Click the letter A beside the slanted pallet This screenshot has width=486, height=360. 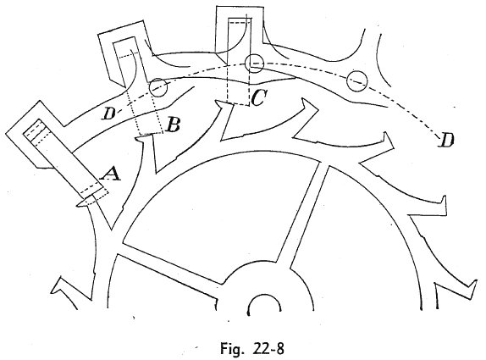point(110,174)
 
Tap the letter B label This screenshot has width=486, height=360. point(173,125)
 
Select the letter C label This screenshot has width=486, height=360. point(258,97)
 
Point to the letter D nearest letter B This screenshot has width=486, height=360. point(108,114)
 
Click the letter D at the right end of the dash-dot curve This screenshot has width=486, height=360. point(447,139)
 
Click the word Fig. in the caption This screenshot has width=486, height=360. point(230,348)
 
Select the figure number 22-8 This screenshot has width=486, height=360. point(268,348)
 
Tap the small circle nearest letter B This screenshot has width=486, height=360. point(158,87)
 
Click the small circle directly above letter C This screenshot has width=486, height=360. point(254,64)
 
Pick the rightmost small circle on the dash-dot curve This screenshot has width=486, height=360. point(356,81)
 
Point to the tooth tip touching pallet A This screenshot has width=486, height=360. point(78,204)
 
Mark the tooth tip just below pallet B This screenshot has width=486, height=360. point(137,139)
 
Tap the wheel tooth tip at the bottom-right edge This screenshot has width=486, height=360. point(475,281)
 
